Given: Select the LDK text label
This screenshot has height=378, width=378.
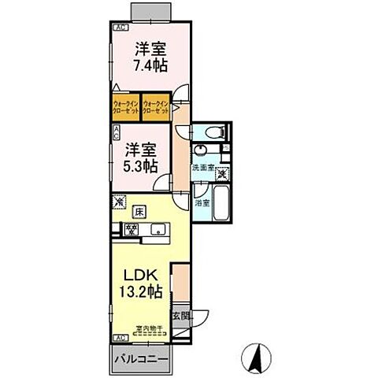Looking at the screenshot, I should tap(142, 275).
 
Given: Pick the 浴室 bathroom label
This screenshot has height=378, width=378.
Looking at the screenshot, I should tap(202, 202).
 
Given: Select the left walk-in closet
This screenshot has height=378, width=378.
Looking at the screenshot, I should tap(126, 108).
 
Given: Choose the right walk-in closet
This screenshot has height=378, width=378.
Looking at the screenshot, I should tap(157, 108).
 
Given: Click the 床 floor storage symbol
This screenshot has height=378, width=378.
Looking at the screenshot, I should tap(139, 210).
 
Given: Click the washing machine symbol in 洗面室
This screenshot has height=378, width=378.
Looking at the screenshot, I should tap(223, 173).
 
